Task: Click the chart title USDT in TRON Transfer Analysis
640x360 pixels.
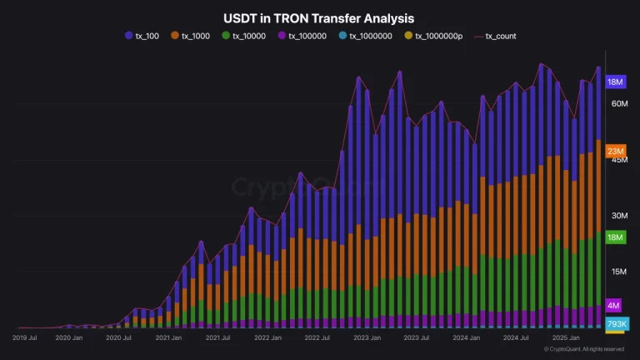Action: coord(319,17)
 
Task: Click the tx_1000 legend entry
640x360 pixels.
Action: coord(193,36)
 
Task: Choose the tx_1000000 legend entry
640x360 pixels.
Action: coord(367,36)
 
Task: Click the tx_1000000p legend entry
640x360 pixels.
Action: coord(434,36)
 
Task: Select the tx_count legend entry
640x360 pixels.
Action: coord(496,36)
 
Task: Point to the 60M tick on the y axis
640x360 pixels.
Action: coord(618,104)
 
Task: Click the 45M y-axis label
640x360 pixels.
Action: coord(618,160)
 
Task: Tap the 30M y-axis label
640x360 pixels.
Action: coord(618,216)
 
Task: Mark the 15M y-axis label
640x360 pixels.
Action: coord(618,272)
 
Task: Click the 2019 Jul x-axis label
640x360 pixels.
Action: coord(24,338)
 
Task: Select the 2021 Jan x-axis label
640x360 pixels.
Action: coord(168,338)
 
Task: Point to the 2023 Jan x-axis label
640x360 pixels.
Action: coord(367,338)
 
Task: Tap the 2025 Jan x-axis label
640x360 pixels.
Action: coord(567,338)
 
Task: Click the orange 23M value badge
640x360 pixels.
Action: coord(616,151)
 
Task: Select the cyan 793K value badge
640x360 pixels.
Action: coord(616,323)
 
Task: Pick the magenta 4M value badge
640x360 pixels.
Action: coord(613,306)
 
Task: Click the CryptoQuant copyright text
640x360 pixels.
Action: coord(583,349)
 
